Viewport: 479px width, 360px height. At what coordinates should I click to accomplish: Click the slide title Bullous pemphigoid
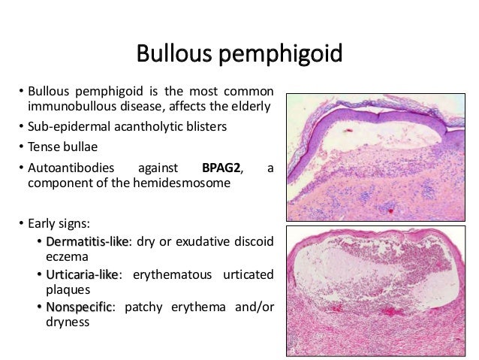point(239,54)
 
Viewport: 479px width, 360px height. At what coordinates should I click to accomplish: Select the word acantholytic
point(142,126)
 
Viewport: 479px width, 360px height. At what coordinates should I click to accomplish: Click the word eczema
point(66,256)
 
